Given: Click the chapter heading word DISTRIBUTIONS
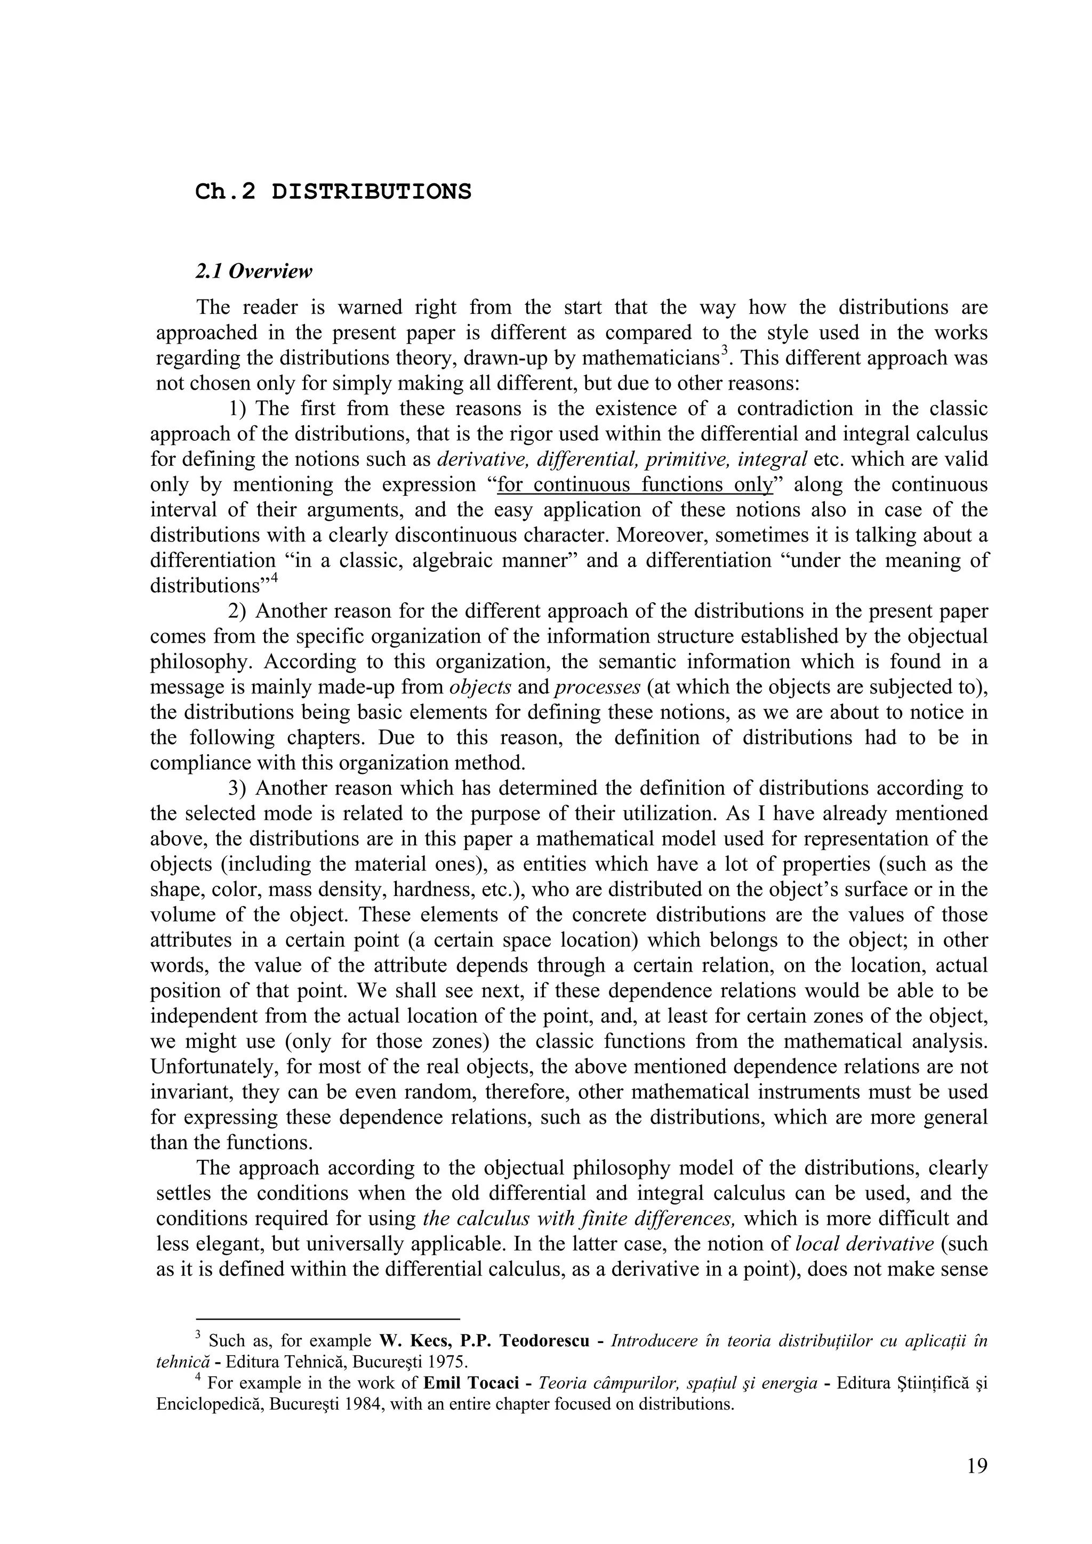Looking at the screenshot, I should [x=372, y=192].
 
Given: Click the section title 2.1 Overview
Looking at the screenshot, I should [x=254, y=272].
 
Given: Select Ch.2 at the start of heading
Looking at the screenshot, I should [x=226, y=192].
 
